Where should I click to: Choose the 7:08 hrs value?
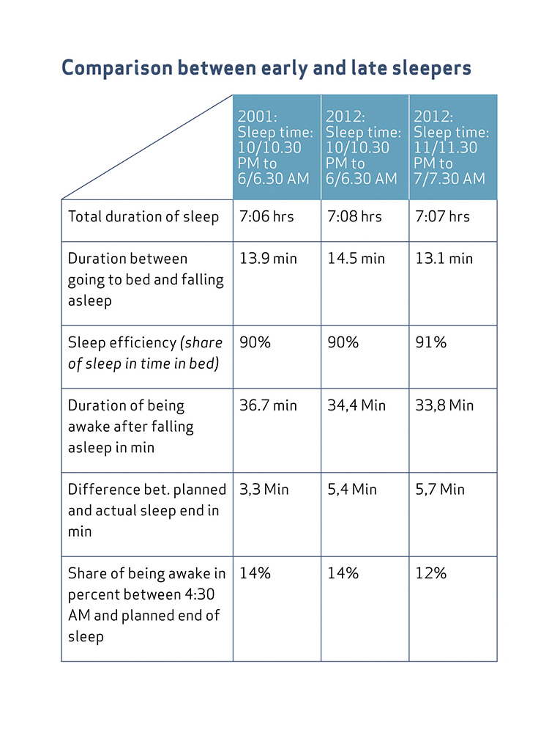pos(354,216)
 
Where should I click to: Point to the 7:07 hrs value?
pos(443,216)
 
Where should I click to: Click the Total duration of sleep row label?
pos(143,216)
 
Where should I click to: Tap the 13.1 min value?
pos(444,259)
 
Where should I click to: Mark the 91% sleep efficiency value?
pos(431,342)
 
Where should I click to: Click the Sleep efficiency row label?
pos(145,353)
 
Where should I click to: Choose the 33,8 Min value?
pos(444,405)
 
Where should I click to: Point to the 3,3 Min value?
pos(264,490)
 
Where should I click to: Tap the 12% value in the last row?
pos(431,573)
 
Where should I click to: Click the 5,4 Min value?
pos(352,490)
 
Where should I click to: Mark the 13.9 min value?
pos(268,259)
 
